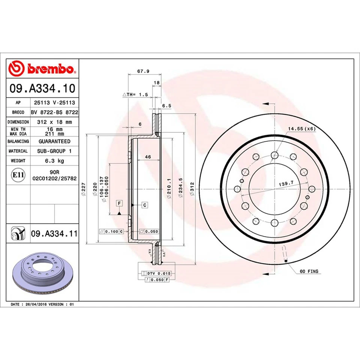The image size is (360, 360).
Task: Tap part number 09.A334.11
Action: click(x=54, y=234)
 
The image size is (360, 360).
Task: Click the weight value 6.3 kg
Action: click(x=54, y=161)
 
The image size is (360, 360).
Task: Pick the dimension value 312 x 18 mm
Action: click(x=54, y=122)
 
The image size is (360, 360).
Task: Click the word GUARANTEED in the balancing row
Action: click(x=54, y=141)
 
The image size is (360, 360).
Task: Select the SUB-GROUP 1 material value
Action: click(x=54, y=151)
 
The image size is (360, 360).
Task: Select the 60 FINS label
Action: click(x=310, y=270)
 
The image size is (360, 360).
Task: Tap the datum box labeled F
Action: click(x=119, y=203)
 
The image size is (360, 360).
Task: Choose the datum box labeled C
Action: click(x=144, y=205)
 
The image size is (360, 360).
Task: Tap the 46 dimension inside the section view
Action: click(x=148, y=157)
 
